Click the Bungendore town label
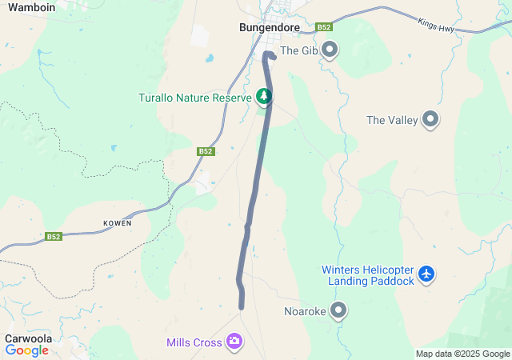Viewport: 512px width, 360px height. click(270, 27)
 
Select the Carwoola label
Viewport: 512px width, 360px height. click(29, 338)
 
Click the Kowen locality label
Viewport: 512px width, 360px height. click(117, 223)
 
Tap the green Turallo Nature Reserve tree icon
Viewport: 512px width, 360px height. click(264, 97)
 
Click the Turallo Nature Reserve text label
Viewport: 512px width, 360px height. click(195, 97)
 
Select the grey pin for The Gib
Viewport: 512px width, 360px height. click(330, 50)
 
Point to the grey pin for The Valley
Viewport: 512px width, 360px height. click(431, 120)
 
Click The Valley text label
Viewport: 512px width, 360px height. click(392, 120)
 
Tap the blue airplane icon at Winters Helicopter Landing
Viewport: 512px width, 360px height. click(426, 274)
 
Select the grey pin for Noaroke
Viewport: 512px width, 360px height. click(339, 310)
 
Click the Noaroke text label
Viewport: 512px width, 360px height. click(305, 311)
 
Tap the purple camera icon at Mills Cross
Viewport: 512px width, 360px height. click(234, 342)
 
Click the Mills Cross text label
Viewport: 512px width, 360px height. click(194, 342)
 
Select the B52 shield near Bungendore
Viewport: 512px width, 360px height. click(324, 27)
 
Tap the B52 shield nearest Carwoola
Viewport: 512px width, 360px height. click(54, 237)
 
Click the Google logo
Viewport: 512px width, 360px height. click(27, 350)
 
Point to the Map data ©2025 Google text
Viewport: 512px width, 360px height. click(462, 354)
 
